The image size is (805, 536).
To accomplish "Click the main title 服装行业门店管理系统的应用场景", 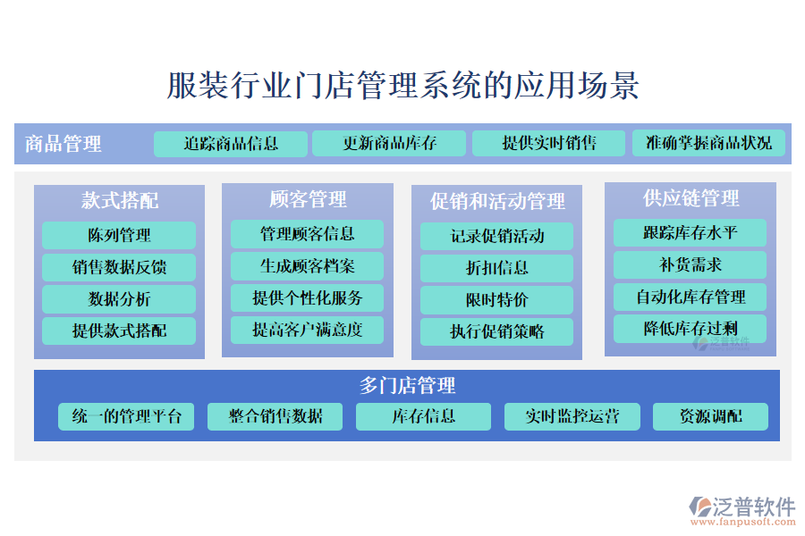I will (402, 87).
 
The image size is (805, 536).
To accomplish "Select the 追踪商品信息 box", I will (231, 144).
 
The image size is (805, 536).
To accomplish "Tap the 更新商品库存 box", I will (389, 144).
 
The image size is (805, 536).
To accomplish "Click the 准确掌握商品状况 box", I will (708, 144).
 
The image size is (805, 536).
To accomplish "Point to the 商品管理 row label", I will (64, 144).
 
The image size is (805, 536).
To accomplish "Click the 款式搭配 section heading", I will (120, 200).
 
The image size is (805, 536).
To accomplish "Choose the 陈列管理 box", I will (119, 236).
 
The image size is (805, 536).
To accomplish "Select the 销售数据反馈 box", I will (119, 267).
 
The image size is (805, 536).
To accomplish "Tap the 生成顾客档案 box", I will (307, 266).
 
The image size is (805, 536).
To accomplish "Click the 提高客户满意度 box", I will (307, 330).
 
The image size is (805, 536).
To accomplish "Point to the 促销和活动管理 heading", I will (497, 201).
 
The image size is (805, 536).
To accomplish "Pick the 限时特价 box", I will (497, 300).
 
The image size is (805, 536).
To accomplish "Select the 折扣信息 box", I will (497, 268).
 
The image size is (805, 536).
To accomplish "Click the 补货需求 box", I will (690, 265).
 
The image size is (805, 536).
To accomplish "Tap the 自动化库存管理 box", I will (690, 297).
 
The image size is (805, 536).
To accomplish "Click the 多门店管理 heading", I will (407, 386).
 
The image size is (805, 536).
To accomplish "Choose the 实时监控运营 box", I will (572, 416).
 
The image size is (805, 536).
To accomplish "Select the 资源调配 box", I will (710, 416).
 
